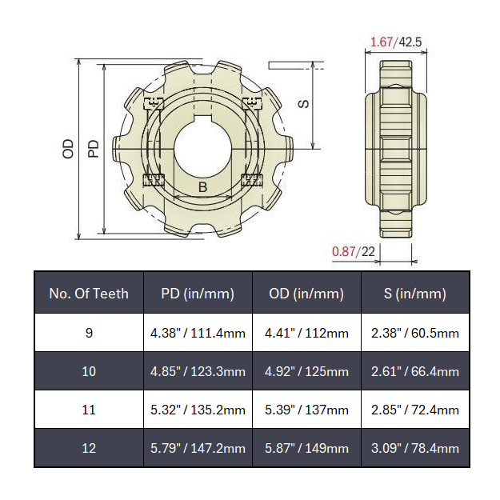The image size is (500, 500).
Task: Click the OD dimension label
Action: pos(68,148)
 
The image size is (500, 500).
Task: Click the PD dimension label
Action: pos(94,148)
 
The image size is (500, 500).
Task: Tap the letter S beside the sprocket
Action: pos(302,104)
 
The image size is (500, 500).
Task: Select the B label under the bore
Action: pos(202,187)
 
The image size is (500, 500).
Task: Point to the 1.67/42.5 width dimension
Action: pos(397,42)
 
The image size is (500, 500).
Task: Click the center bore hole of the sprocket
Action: pos(202,149)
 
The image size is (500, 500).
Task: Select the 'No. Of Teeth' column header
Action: pos(89,294)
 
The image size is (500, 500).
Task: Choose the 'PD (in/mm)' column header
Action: pos(198,294)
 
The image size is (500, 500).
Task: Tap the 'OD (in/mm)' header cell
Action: pos(306,294)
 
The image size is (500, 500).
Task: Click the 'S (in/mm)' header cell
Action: pos(415,294)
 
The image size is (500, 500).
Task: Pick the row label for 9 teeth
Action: pos(89,333)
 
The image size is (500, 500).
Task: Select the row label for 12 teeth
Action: pos(89,448)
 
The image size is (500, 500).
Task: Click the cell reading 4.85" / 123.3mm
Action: pos(198,371)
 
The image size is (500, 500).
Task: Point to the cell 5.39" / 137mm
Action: pos(306,410)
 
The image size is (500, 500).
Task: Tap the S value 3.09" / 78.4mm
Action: pos(415,448)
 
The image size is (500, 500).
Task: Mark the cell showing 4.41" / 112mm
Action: pos(306,333)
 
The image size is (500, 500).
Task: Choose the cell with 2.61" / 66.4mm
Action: pos(415,371)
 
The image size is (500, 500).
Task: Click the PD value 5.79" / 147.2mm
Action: pos(198,448)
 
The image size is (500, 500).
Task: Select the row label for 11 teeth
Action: pos(89,410)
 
